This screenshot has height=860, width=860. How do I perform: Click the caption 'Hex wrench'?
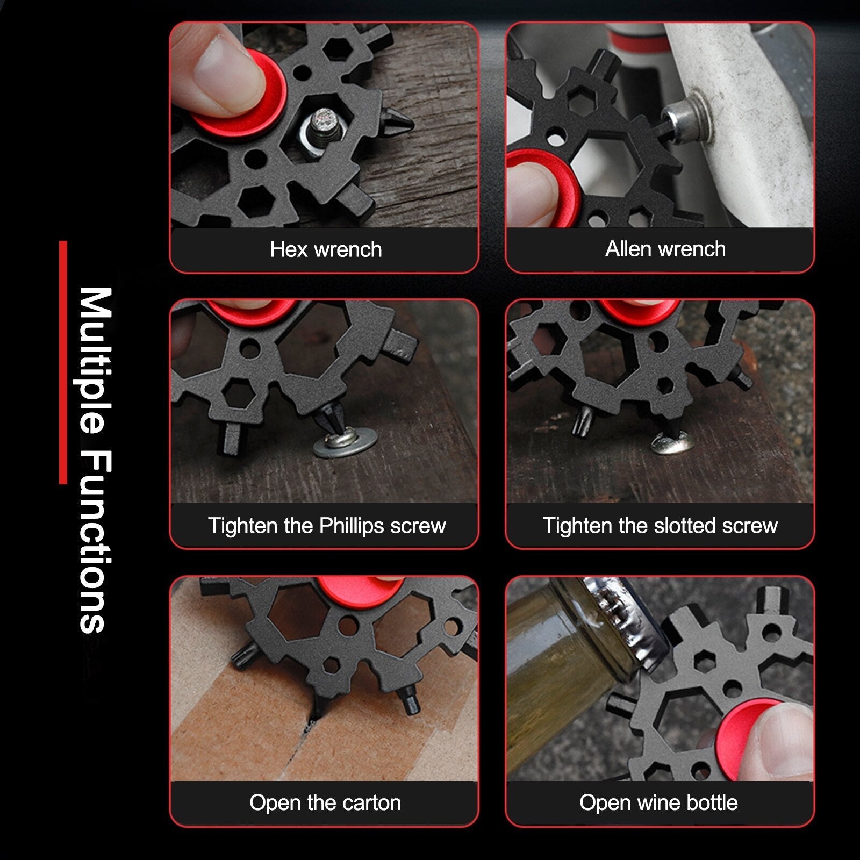[x=326, y=249]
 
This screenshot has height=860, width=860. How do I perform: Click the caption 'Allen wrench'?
[x=665, y=249]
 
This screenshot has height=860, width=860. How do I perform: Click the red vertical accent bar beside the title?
[x=63, y=362]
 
